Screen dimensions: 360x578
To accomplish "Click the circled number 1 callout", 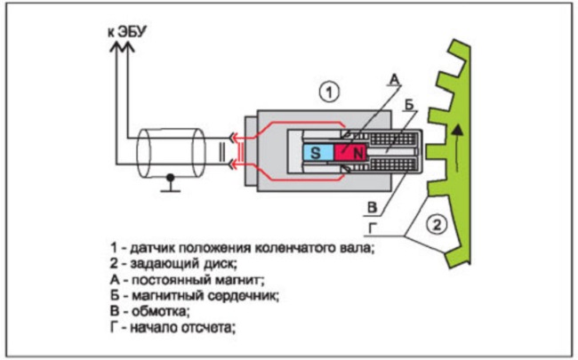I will [x=329, y=92].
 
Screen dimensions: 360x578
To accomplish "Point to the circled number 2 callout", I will [x=435, y=225].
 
